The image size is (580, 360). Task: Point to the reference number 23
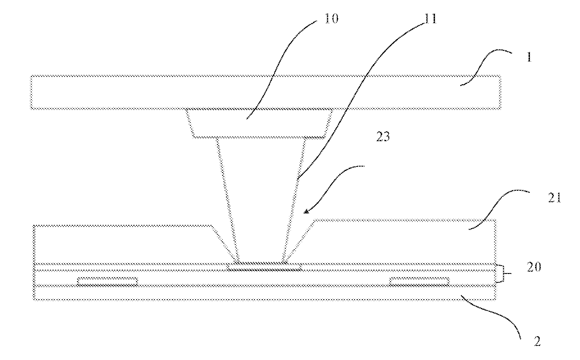[383, 139]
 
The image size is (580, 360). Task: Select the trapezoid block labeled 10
[260, 123]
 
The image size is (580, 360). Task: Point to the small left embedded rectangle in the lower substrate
[108, 281]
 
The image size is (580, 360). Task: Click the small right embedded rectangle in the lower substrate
[419, 281]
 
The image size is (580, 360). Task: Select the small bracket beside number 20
[501, 273]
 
